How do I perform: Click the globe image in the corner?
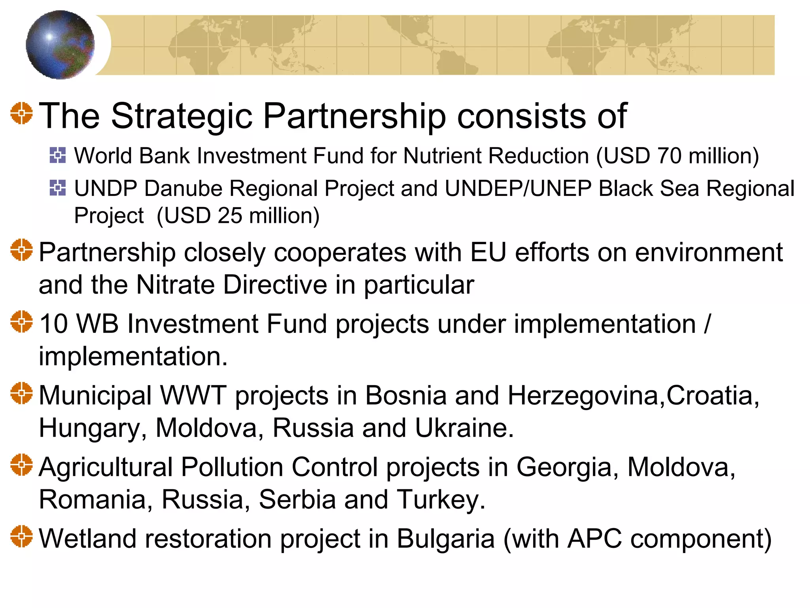pyautogui.click(x=60, y=45)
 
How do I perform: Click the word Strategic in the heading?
pyautogui.click(x=182, y=116)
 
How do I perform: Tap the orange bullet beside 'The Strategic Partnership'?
pyautogui.click(x=21, y=113)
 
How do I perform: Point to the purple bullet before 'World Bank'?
pyautogui.click(x=58, y=155)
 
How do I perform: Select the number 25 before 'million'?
pyautogui.click(x=230, y=216)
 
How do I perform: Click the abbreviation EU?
pyautogui.click(x=488, y=252)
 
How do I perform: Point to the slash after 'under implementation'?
pyautogui.click(x=707, y=324)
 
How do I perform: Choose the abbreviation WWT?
pyautogui.click(x=193, y=395)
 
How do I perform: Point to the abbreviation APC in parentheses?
pyautogui.click(x=594, y=539)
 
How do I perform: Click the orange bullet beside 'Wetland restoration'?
pyautogui.click(x=21, y=536)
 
